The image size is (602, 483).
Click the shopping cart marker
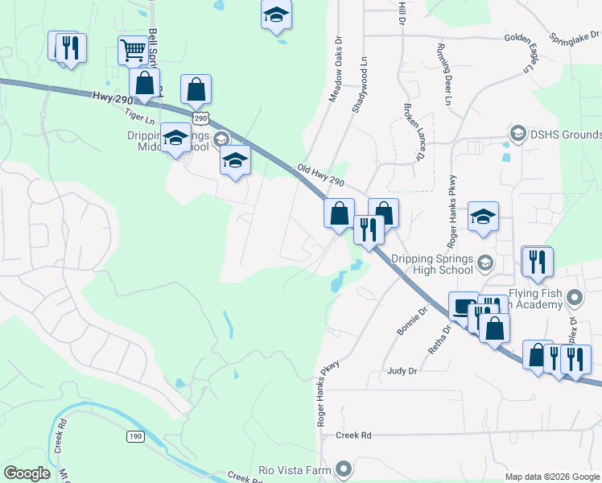[x=134, y=51]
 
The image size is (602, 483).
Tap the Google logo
[x=27, y=473]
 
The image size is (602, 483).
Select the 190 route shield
[x=134, y=436]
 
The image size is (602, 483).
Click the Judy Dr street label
[x=402, y=371]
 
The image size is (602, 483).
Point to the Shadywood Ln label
[x=359, y=84]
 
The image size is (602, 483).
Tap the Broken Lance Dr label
[x=413, y=132]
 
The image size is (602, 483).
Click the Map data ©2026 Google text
[x=551, y=477]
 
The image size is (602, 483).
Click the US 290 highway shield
[x=201, y=118]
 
